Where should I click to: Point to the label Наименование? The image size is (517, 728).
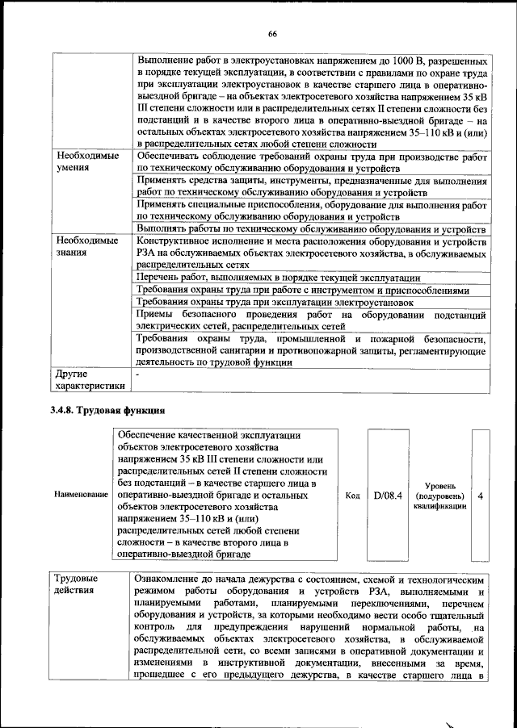[79, 495]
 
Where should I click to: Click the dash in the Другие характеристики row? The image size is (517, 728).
[139, 374]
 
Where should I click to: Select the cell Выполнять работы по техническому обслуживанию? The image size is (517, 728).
[311, 229]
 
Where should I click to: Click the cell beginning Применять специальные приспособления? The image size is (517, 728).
[311, 211]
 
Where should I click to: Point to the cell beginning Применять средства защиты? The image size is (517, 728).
[311, 187]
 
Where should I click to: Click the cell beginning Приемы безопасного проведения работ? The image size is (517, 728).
[311, 320]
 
